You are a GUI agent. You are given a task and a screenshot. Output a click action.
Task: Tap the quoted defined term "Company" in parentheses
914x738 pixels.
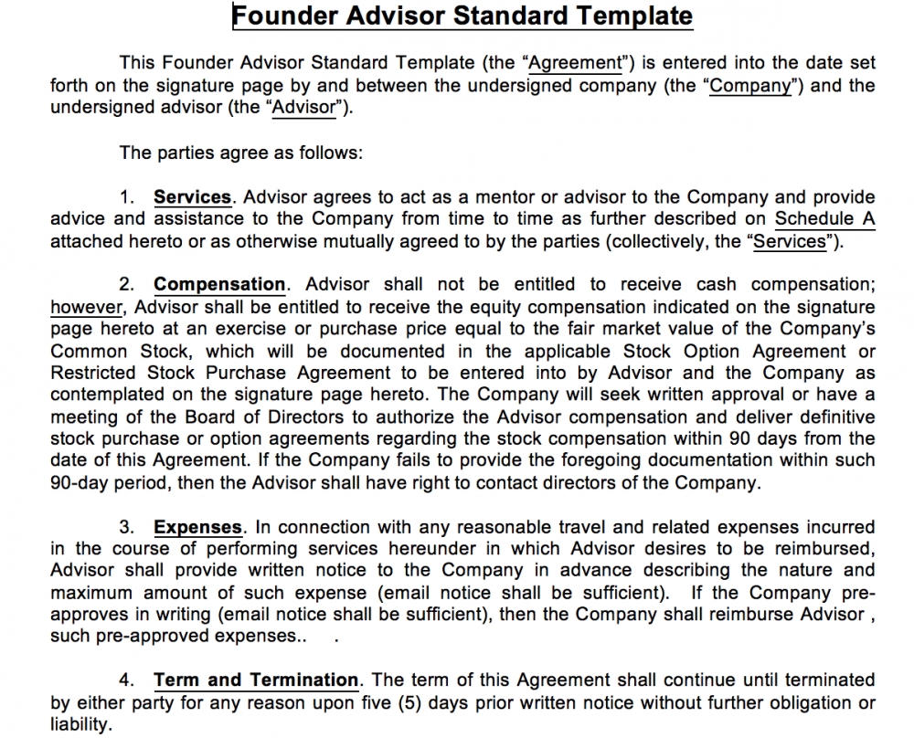pyautogui.click(x=749, y=86)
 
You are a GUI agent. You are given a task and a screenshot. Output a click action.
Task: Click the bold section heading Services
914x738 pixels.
pyautogui.click(x=192, y=197)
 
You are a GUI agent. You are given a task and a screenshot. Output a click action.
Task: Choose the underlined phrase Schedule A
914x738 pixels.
pyautogui.click(x=824, y=219)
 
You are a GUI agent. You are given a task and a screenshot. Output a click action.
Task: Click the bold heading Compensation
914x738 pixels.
pyautogui.click(x=219, y=285)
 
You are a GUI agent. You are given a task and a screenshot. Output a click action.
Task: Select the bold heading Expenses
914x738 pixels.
pyautogui.click(x=197, y=528)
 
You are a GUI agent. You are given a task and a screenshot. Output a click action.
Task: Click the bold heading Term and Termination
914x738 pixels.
pyautogui.click(x=256, y=680)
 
